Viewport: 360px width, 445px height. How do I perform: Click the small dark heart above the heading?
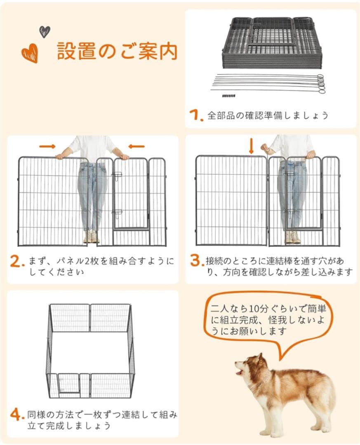pos(45,31)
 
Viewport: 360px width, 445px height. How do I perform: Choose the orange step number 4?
pos(16,415)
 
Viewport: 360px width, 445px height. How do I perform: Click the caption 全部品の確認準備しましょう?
pos(268,115)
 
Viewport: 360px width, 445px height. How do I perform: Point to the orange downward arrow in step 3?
pos(251,146)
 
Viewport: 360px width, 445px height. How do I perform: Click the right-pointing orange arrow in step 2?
pos(47,146)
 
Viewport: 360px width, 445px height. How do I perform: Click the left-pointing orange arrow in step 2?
pos(136,146)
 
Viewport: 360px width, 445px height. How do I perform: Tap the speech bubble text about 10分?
pos(268,320)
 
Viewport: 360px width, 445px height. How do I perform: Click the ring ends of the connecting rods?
pos(320,83)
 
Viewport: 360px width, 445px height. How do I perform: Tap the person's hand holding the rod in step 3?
pos(265,148)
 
